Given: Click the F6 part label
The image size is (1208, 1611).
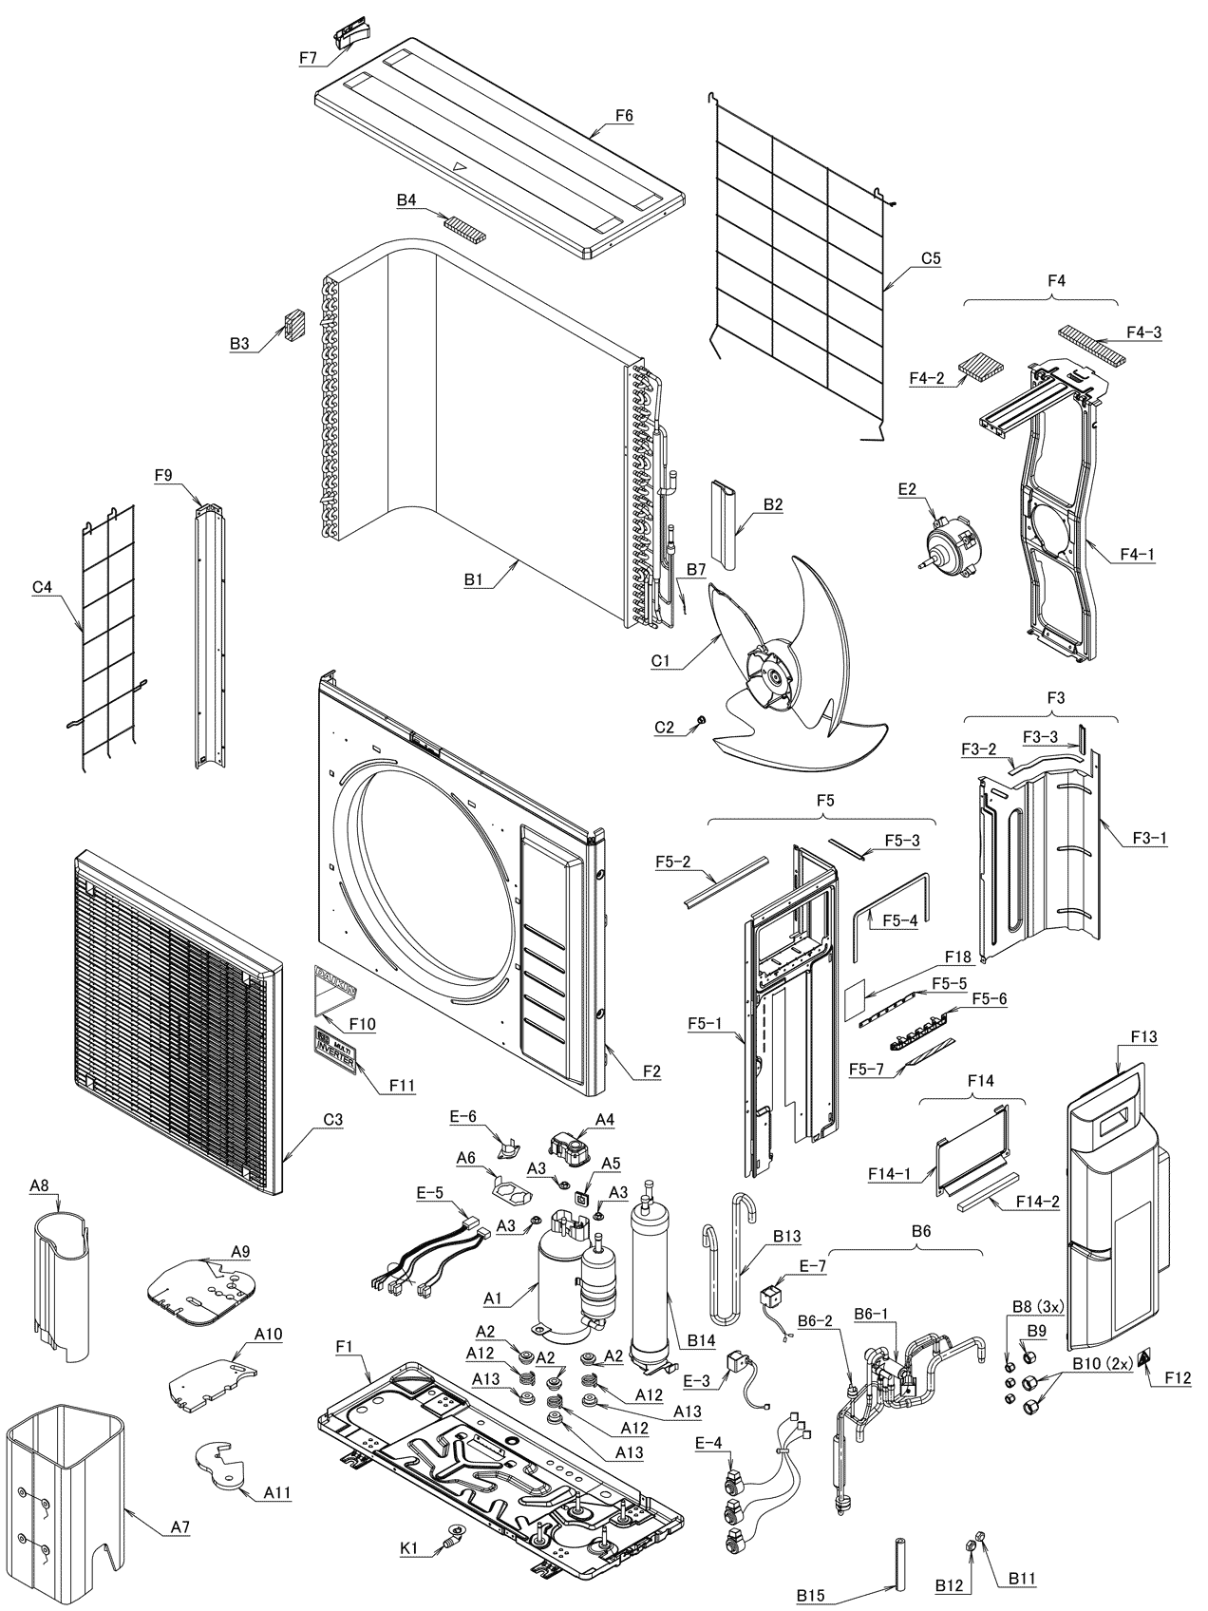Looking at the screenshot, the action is point(624,116).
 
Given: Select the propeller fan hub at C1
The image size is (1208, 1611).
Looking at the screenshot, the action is point(773,676).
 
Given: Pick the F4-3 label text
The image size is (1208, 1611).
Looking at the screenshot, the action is point(1143,332).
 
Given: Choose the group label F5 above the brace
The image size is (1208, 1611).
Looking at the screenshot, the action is point(824,801).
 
